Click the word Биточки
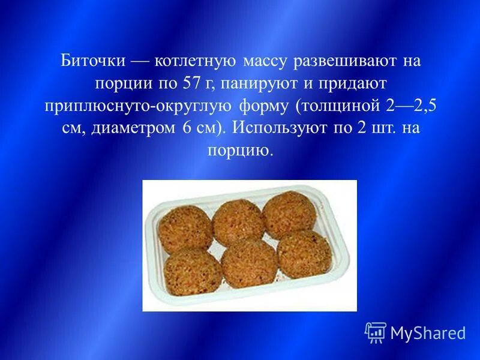94,61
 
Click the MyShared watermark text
427,332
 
